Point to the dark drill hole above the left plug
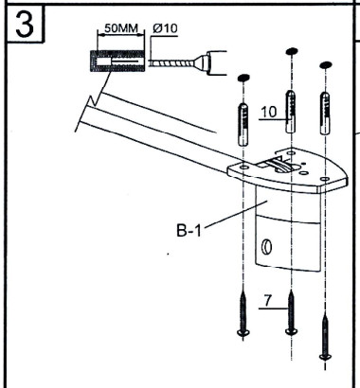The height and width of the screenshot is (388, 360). tap(243, 77)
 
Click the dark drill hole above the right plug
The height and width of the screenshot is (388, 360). tap(328, 65)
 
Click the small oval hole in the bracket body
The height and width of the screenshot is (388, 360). tap(266, 249)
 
